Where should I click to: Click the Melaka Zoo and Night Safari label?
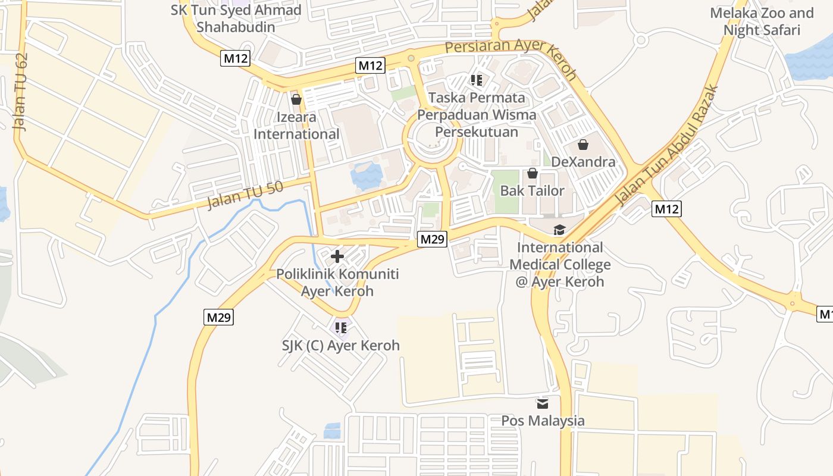[762, 21]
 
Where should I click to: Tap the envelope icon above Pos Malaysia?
[543, 403]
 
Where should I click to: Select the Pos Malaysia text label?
[543, 421]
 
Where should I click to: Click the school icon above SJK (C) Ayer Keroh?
[341, 327]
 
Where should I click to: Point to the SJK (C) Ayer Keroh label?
[341, 345]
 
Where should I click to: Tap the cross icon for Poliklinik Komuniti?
[337, 256]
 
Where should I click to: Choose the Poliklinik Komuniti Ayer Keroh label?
[337, 283]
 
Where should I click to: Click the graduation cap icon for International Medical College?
[559, 230]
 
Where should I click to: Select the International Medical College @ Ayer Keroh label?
[559, 264]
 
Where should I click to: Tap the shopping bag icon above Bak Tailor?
[533, 173]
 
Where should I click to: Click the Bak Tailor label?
[533, 190]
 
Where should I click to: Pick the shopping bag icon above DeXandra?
[583, 145]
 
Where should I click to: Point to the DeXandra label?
[583, 162]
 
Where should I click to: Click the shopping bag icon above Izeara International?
[296, 99]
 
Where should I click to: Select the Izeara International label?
[296, 126]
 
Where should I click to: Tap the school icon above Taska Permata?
[476, 80]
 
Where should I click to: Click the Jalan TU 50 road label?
[245, 196]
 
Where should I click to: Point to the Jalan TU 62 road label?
[21, 92]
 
